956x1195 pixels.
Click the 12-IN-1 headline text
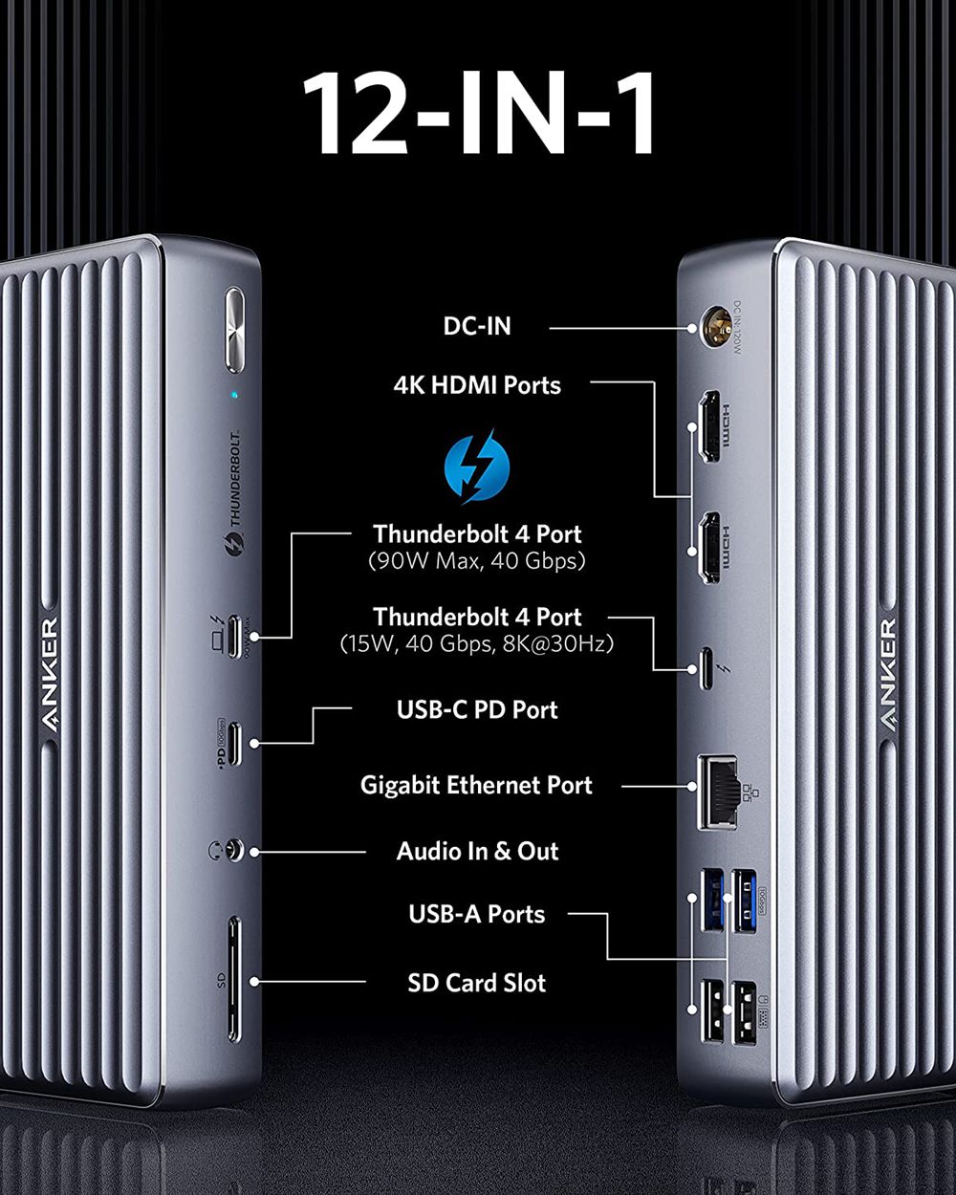(479, 114)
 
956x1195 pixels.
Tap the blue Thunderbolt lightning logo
(477, 467)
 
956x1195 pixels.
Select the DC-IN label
(477, 326)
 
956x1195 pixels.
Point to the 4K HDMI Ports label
(477, 385)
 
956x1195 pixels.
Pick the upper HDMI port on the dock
(709, 426)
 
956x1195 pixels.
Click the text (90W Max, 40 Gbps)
(477, 561)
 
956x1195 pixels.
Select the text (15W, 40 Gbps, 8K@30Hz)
(477, 644)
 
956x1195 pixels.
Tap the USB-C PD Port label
(477, 709)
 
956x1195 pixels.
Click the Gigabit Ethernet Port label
(476, 785)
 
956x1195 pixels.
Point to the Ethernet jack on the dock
(718, 790)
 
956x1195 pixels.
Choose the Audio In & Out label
(477, 851)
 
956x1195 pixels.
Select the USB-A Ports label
(476, 914)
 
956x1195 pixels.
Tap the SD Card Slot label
(476, 983)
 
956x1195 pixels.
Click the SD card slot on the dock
(234, 980)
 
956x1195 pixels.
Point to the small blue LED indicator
(234, 394)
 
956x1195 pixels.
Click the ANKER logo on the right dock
(888, 675)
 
